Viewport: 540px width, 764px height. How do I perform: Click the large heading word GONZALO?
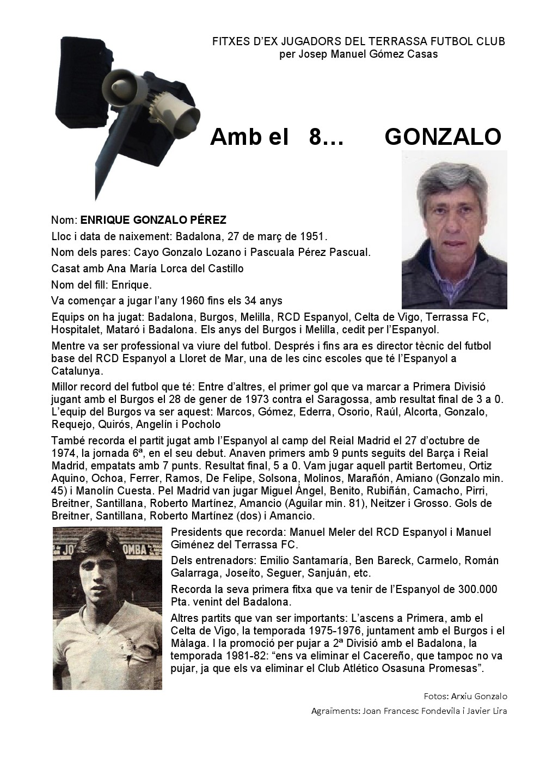[x=442, y=137]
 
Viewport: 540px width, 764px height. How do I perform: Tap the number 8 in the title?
[x=314, y=137]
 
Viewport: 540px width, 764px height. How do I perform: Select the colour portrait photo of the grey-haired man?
[x=454, y=230]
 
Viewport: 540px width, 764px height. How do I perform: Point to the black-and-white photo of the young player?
[x=107, y=608]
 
